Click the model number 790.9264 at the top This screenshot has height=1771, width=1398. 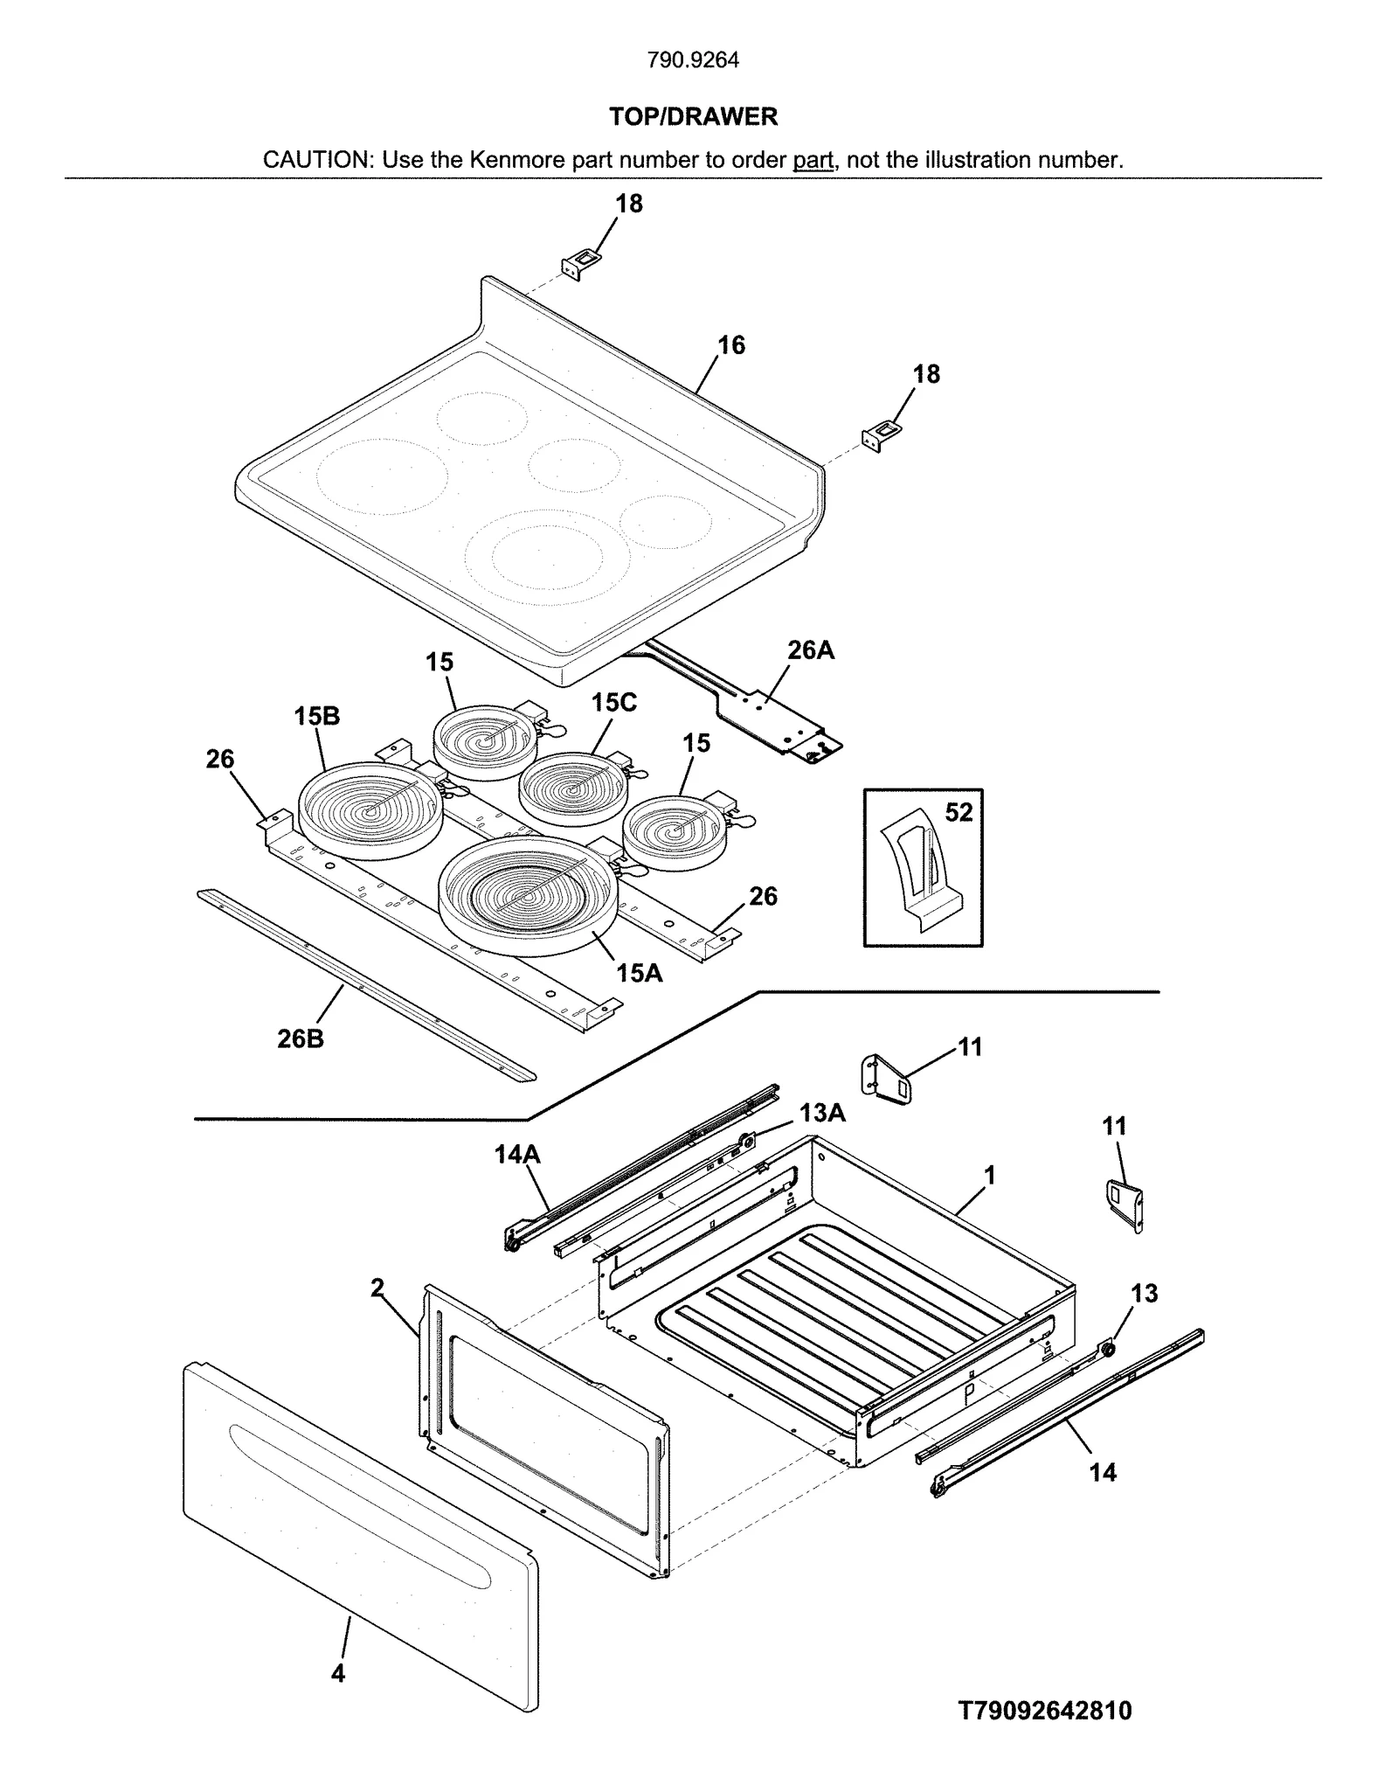point(693,60)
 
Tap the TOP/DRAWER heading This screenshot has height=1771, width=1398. point(693,116)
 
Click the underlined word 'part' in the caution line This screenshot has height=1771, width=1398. point(813,161)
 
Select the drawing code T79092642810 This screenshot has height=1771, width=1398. point(1045,1711)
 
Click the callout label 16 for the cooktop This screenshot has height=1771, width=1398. point(731,345)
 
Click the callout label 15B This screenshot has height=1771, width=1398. point(316,716)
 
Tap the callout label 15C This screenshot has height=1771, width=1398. point(613,702)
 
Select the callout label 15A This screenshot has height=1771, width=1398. point(639,972)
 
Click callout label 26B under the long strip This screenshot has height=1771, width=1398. point(301,1039)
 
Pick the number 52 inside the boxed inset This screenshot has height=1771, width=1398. point(959,812)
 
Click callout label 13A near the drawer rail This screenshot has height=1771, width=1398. point(822,1113)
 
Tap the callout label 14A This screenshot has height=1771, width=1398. point(517,1155)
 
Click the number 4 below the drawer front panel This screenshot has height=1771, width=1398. point(338,1673)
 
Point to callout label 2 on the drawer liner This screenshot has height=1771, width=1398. point(377,1288)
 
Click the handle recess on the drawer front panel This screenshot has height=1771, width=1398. point(363,1499)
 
